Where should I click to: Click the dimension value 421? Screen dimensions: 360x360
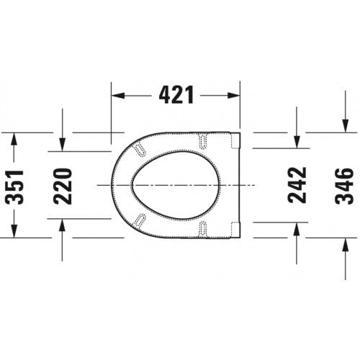pyautogui.click(x=176, y=95)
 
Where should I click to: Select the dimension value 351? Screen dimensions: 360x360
pyautogui.click(x=14, y=187)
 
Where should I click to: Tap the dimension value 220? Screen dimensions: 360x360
pyautogui.click(x=63, y=186)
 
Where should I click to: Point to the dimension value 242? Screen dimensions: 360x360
pyautogui.click(x=297, y=185)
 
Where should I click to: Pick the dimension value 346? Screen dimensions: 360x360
pyautogui.click(x=345, y=186)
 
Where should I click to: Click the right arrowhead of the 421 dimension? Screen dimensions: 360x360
pyautogui.click(x=233, y=95)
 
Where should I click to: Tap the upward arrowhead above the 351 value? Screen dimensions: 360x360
pyautogui.click(x=14, y=139)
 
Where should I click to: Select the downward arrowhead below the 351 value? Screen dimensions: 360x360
pyautogui.click(x=14, y=231)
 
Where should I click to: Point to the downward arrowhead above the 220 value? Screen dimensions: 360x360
pyautogui.click(x=63, y=145)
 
